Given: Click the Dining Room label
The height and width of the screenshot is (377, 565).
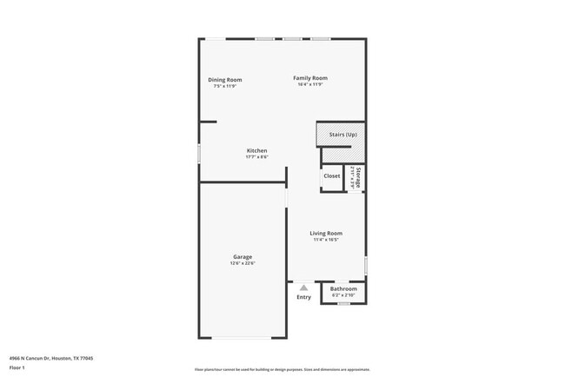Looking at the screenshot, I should [224, 80].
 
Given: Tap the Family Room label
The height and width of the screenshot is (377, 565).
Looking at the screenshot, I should [310, 78].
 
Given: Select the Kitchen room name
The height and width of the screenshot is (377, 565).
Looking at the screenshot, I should [256, 151].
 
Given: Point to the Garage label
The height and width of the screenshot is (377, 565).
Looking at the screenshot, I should [243, 257].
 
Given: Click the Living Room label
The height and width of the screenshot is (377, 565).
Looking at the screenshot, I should [327, 233].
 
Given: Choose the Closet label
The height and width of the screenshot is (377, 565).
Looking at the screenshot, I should [332, 176].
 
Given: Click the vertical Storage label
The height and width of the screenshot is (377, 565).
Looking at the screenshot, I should [357, 177].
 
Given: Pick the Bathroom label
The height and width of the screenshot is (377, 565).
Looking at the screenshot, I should [343, 288].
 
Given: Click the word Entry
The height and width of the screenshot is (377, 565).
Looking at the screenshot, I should [303, 298].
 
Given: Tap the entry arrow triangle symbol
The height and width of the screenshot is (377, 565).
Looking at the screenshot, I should [303, 288].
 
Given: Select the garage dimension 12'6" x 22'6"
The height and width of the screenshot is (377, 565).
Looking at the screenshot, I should [243, 264].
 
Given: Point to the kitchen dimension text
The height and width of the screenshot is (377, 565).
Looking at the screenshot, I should [256, 157].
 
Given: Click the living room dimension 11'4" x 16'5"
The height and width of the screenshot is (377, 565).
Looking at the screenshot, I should [327, 240].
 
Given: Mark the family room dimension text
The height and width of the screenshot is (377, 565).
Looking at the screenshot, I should [310, 84].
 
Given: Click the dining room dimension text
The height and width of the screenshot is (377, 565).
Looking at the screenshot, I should [224, 86].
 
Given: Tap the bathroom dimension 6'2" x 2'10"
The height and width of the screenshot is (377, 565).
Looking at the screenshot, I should [343, 294].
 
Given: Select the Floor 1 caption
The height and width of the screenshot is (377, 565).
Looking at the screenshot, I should [17, 368].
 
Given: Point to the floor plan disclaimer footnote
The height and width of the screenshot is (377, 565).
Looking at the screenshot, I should [282, 369].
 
